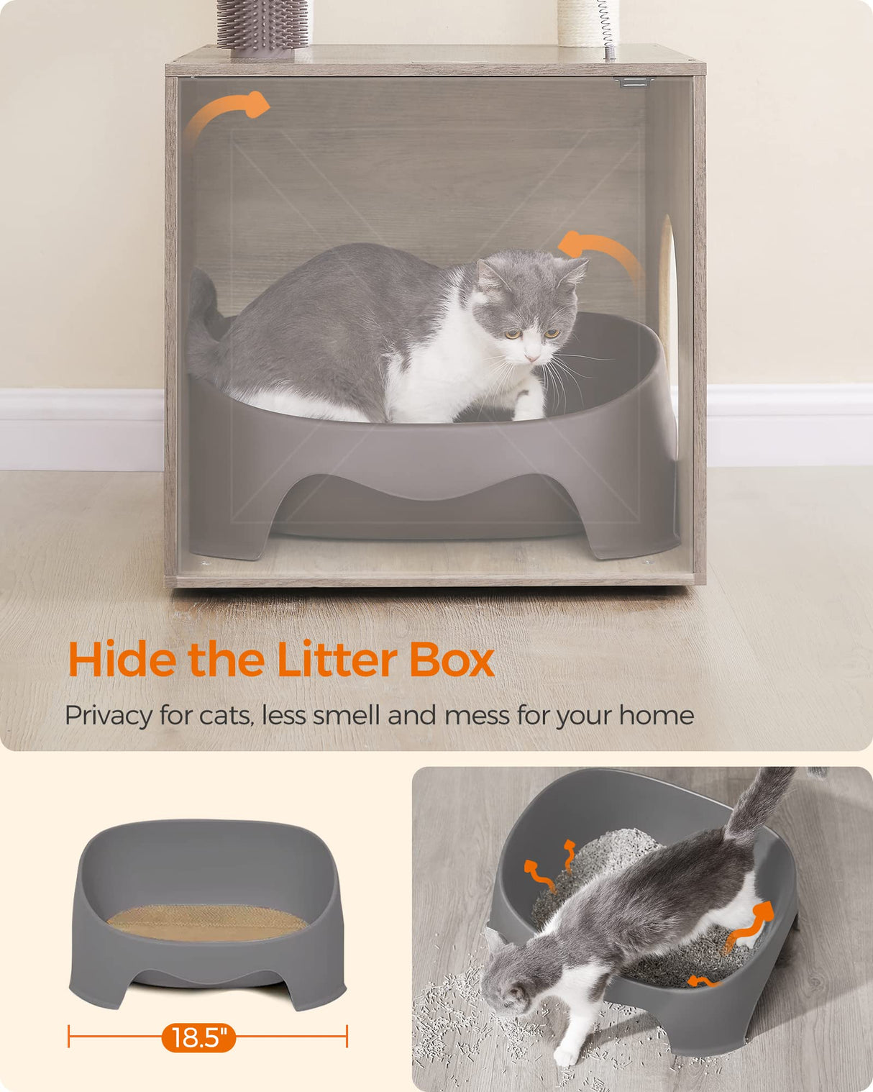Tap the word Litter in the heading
click(336, 660)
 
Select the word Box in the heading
click(452, 660)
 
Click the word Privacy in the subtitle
click(108, 716)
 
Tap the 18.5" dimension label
click(198, 1037)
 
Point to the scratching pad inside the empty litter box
click(207, 922)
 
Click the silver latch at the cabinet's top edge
click(634, 83)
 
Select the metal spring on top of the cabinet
click(608, 25)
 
